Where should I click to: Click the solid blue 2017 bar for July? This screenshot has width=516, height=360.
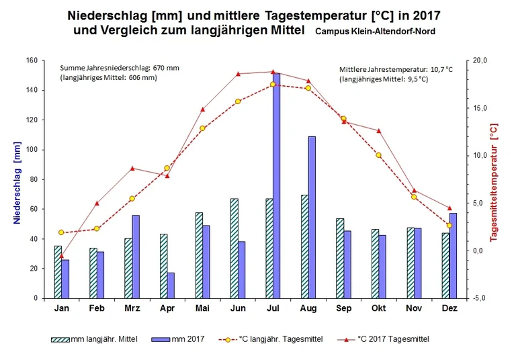276,188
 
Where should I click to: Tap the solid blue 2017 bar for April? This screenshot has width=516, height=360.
171,285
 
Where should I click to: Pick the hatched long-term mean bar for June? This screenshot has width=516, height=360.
234,249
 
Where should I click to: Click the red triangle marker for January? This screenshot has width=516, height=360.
61,256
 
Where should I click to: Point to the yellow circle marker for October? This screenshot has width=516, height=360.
379,155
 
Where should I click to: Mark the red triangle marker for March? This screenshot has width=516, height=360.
132,168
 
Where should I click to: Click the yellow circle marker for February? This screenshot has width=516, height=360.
97,229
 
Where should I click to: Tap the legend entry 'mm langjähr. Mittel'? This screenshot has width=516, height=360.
95,339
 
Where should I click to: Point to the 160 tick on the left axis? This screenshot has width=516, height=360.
32,60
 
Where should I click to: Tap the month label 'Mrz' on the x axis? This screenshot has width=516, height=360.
132,308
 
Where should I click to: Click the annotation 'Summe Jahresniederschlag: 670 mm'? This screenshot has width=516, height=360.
120,69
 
